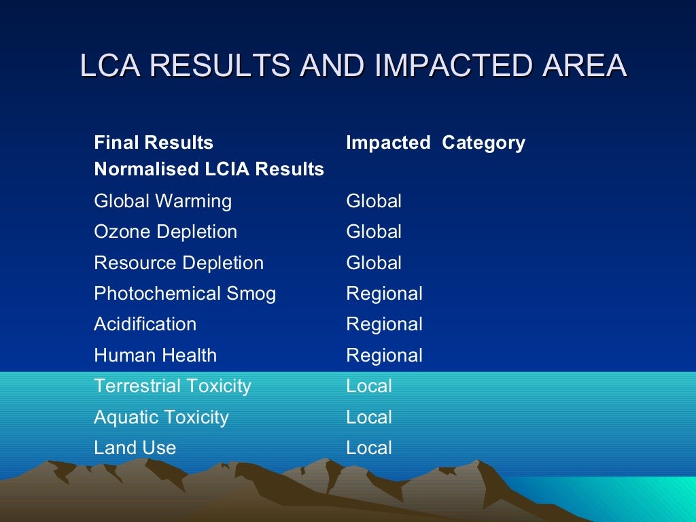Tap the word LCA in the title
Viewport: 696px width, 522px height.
click(x=109, y=66)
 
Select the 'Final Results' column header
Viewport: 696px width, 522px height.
click(x=154, y=143)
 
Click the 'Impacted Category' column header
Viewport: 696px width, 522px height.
click(x=435, y=143)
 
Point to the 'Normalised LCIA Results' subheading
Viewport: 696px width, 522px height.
click(x=209, y=169)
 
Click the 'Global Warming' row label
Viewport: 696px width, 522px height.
click(x=162, y=201)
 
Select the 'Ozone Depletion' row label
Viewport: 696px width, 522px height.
click(x=165, y=232)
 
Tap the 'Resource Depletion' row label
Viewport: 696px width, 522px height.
click(x=178, y=263)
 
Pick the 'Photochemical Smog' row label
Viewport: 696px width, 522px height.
click(x=185, y=294)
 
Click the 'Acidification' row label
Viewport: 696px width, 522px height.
click(x=145, y=324)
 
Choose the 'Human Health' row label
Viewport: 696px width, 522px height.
click(x=155, y=355)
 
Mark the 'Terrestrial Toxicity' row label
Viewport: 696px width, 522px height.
click(x=172, y=386)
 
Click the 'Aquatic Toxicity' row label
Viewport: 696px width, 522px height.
click(x=161, y=417)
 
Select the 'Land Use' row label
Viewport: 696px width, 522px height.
click(x=135, y=448)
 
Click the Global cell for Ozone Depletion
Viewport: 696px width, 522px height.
click(x=374, y=232)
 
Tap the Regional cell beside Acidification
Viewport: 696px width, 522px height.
click(x=384, y=324)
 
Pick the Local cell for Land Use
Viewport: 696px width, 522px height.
click(x=369, y=448)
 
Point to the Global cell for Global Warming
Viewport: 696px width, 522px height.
click(x=374, y=201)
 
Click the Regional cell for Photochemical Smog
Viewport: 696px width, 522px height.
click(x=384, y=294)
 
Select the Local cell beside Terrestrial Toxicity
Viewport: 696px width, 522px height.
click(x=369, y=386)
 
